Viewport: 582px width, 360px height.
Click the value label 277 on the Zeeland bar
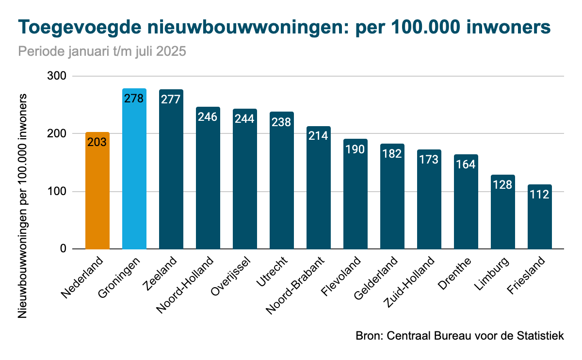(171, 99)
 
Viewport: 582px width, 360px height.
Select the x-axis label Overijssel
(231, 277)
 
